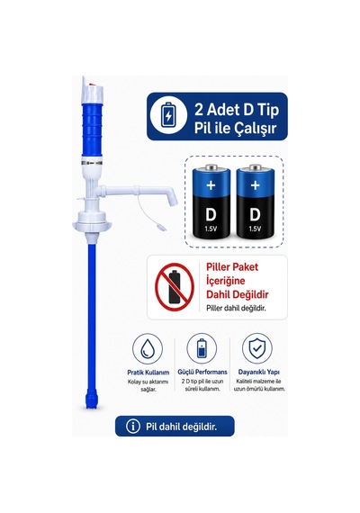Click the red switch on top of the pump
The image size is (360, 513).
click(x=93, y=84)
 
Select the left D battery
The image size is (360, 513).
click(x=211, y=202)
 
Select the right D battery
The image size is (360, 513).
click(x=255, y=202)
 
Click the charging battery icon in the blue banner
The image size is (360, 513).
click(x=168, y=116)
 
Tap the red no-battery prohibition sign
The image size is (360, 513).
click(x=175, y=286)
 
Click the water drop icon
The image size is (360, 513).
click(x=148, y=349)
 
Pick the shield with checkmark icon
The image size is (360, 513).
click(x=256, y=349)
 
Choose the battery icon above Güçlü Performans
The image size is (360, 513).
click(x=202, y=349)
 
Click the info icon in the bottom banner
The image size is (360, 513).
click(x=133, y=427)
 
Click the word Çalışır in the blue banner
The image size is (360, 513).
click(x=256, y=128)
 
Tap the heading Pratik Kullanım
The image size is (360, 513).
click(x=148, y=373)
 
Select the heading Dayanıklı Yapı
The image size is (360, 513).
click(x=258, y=372)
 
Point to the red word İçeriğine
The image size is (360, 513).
click(x=226, y=281)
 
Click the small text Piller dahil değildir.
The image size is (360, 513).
click(x=236, y=308)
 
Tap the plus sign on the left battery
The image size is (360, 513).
click(x=211, y=185)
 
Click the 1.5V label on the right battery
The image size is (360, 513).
click(x=255, y=229)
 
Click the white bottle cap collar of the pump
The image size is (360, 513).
click(x=92, y=220)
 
